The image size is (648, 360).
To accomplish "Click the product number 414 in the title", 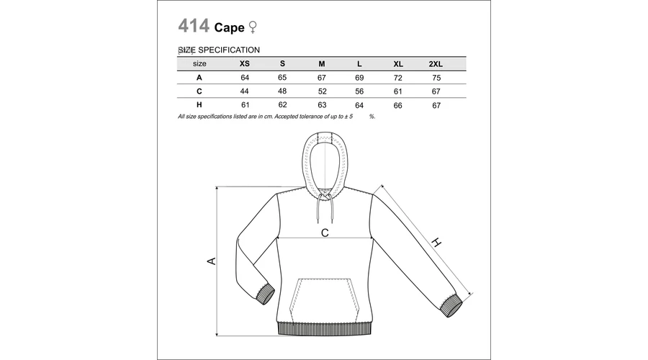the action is click(194, 26).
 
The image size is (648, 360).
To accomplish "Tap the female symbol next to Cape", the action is click(253, 27).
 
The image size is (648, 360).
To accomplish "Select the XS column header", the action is click(245, 63).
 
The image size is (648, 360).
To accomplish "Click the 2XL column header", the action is click(436, 64).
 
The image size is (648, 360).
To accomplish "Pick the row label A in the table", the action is click(199, 78).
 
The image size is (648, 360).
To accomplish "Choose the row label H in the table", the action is click(199, 105).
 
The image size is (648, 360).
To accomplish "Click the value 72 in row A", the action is click(398, 78).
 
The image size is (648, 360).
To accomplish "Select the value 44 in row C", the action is click(245, 91).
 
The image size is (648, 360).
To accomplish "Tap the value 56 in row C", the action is click(359, 91).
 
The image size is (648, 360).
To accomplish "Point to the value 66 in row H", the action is click(398, 105).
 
